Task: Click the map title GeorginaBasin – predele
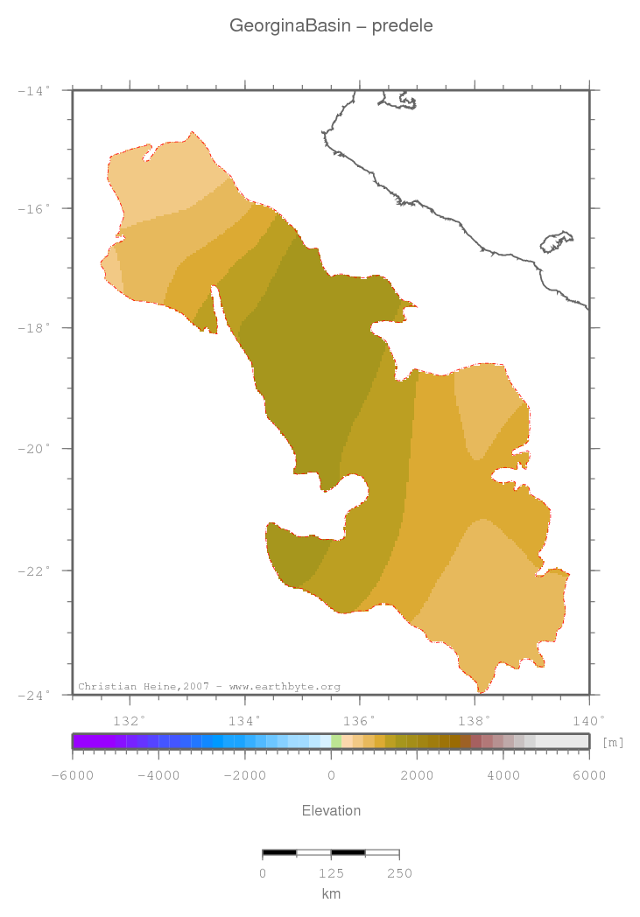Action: [x=331, y=26]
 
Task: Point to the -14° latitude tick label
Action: [x=35, y=89]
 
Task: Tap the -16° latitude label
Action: [x=35, y=208]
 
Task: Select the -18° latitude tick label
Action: [x=35, y=328]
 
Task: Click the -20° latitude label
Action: [x=35, y=449]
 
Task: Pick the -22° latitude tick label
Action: [x=35, y=570]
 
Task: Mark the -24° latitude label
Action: [x=35, y=695]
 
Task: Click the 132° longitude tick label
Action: [x=130, y=721]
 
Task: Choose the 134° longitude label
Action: [x=244, y=721]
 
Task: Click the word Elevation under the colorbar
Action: [x=331, y=810]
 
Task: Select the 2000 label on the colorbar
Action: [x=418, y=775]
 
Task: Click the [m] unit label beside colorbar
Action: [x=613, y=742]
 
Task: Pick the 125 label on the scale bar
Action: [x=331, y=873]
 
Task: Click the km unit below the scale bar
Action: [x=331, y=893]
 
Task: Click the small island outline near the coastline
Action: [x=557, y=241]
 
